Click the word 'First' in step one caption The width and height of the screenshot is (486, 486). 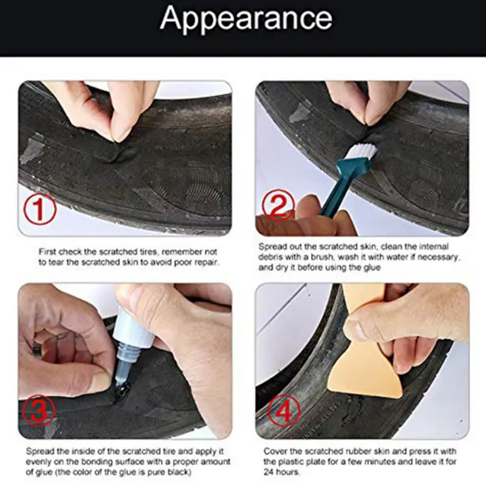coord(49,251)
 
